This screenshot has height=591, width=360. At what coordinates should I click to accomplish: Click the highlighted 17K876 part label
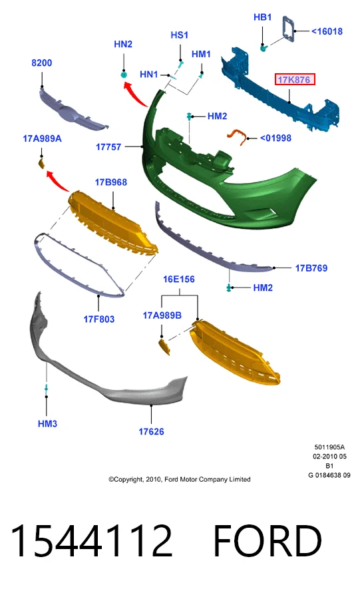click(x=294, y=79)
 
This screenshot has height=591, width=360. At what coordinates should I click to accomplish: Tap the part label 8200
click(x=41, y=63)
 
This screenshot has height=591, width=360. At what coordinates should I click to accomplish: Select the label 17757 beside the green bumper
click(x=108, y=147)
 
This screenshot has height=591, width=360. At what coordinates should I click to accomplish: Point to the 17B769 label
click(x=311, y=268)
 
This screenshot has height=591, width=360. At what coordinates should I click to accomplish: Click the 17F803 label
click(x=98, y=319)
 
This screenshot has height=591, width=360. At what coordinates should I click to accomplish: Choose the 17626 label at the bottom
click(x=151, y=431)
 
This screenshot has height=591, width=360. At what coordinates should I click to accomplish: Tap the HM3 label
click(x=47, y=424)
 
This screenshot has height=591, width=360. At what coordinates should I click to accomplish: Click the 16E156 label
click(x=179, y=280)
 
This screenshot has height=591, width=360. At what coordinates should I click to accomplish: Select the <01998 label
click(x=275, y=138)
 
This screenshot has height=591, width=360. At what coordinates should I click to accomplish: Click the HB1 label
click(x=262, y=17)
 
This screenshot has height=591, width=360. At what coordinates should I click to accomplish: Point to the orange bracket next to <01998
click(x=236, y=135)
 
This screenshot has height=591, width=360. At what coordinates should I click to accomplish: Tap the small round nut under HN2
click(x=124, y=75)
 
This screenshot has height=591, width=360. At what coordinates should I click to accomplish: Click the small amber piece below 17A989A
click(x=42, y=164)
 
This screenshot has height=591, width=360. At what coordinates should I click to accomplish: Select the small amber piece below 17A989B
click(x=164, y=347)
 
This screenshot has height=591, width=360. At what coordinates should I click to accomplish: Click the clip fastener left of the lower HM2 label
click(x=229, y=288)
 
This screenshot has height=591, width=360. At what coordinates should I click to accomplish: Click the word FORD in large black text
click(x=268, y=541)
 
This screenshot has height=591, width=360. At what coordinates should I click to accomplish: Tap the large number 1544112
click(x=92, y=541)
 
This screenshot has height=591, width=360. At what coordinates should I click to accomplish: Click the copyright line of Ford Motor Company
click(x=180, y=479)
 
